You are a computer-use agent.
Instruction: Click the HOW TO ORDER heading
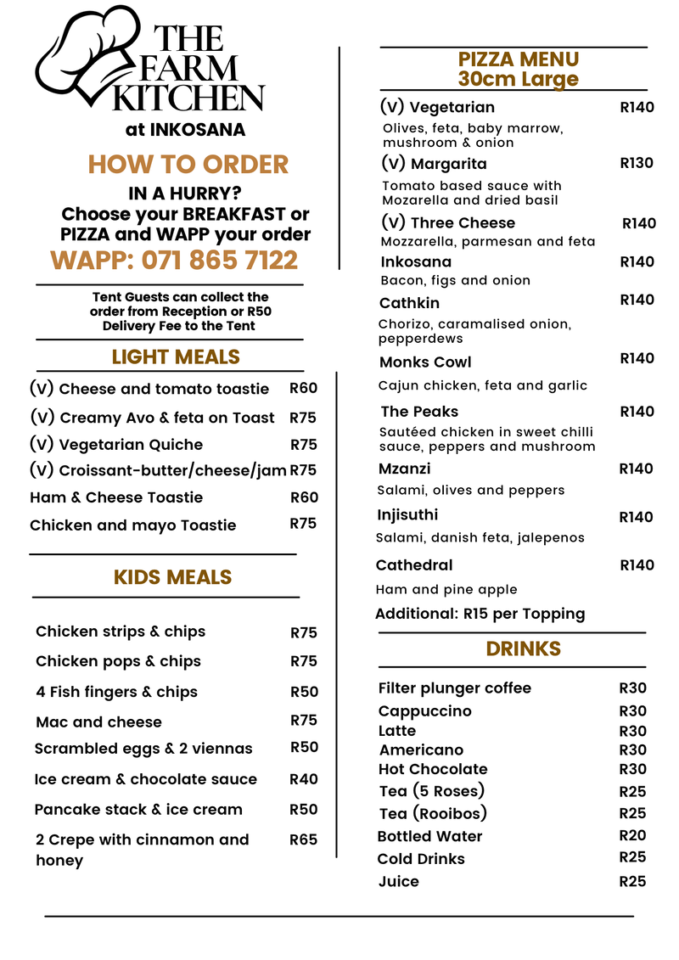pyautogui.click(x=188, y=164)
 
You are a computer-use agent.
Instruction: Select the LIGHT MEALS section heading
pyautogui.click(x=176, y=357)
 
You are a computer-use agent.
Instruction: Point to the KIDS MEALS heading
pyautogui.click(x=172, y=577)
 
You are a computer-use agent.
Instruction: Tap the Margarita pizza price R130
pyautogui.click(x=637, y=162)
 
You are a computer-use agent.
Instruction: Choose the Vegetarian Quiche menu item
pyautogui.click(x=131, y=445)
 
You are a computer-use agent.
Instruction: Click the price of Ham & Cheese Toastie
pyautogui.click(x=304, y=497)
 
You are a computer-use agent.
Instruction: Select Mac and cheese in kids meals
pyautogui.click(x=98, y=721)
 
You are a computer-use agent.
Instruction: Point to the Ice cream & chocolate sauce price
pyautogui.click(x=304, y=778)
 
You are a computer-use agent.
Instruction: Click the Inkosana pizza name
pyautogui.click(x=416, y=261)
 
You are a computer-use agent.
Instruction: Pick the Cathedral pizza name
pyautogui.click(x=414, y=565)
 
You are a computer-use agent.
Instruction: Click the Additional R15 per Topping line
pyautogui.click(x=480, y=614)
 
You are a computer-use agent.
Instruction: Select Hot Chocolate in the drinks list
pyautogui.click(x=433, y=769)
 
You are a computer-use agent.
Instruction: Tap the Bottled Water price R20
pyautogui.click(x=632, y=835)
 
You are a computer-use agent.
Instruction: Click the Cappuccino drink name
pyautogui.click(x=424, y=710)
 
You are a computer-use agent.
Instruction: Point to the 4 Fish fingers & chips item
pyautogui.click(x=116, y=692)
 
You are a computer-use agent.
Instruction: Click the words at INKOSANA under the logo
pyautogui.click(x=185, y=130)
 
